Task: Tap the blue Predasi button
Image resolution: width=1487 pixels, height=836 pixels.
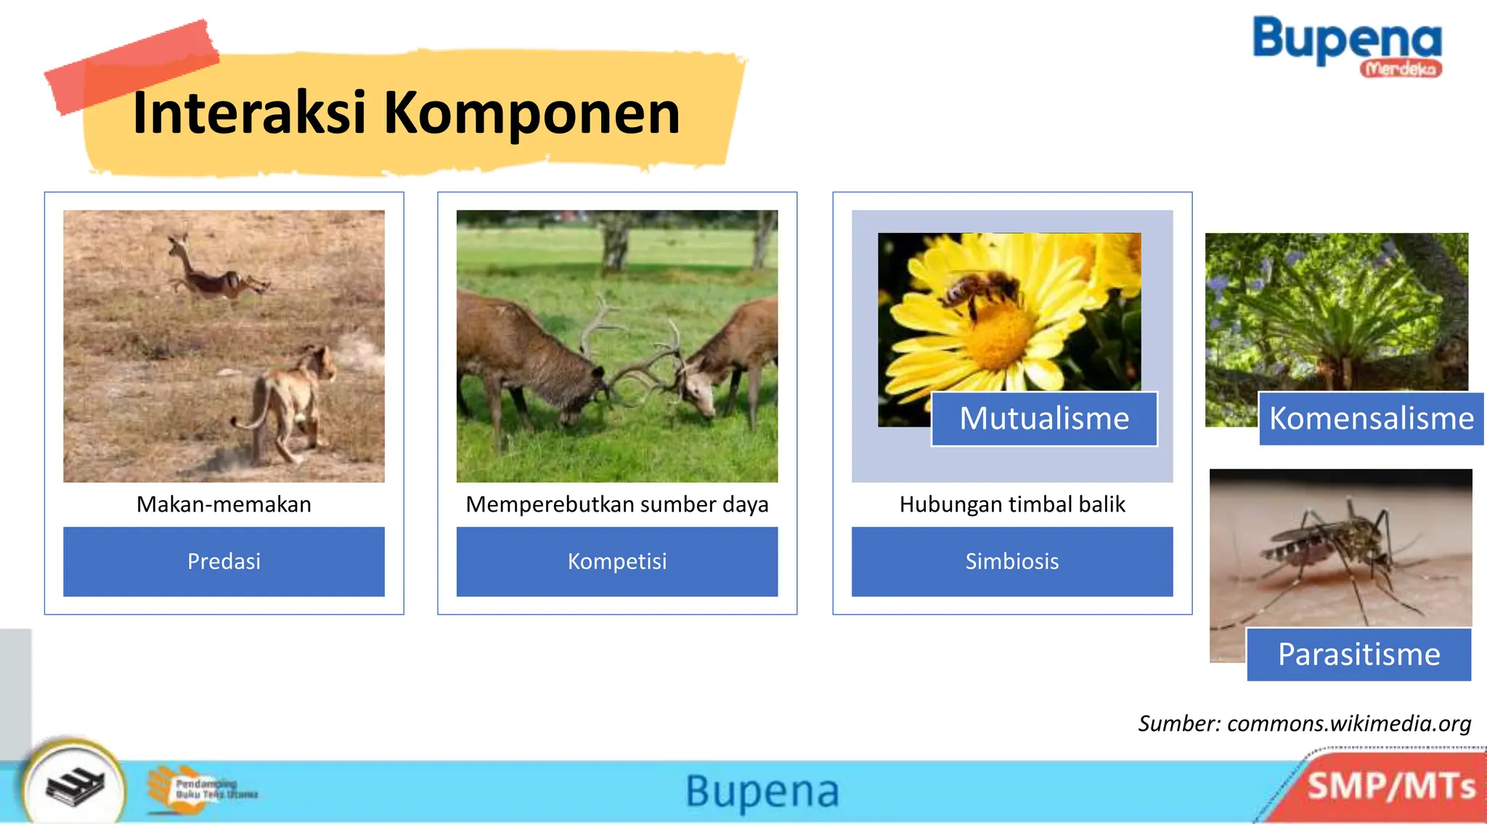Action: tap(224, 561)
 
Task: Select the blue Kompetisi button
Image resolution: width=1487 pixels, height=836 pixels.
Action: tap(616, 561)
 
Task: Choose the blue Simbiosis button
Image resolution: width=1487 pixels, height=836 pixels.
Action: tap(1011, 561)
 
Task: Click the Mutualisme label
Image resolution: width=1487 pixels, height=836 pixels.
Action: tap(1044, 419)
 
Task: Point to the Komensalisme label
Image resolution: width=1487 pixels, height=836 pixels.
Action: tap(1371, 419)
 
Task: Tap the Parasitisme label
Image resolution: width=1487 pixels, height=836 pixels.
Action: tap(1358, 655)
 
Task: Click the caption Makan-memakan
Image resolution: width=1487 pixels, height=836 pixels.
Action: tap(224, 504)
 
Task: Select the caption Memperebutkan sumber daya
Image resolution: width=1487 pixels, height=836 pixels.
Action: tap(616, 504)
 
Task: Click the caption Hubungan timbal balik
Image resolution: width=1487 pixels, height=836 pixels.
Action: tap(1011, 504)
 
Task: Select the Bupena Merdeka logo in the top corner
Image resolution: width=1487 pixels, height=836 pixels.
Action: tap(1347, 46)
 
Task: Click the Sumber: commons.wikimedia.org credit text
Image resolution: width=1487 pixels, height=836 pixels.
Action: tap(1304, 724)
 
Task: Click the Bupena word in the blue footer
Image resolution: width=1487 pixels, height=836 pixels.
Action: tap(762, 791)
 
